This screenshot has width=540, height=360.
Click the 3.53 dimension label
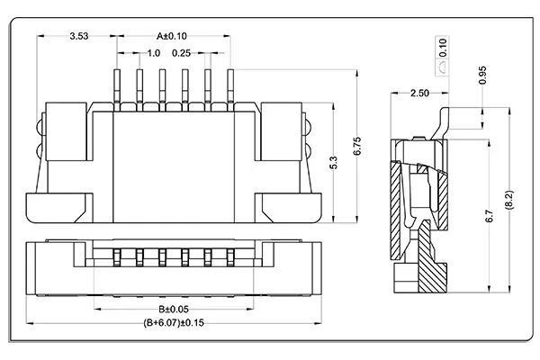[78, 37]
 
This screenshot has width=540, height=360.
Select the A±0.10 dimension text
[171, 37]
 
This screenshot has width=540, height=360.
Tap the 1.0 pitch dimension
[155, 53]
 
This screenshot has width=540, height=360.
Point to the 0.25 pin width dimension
[188, 53]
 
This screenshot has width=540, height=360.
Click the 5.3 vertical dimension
[334, 163]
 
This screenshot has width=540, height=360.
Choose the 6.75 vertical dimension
[358, 148]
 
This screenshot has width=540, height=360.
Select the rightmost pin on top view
[229, 85]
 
